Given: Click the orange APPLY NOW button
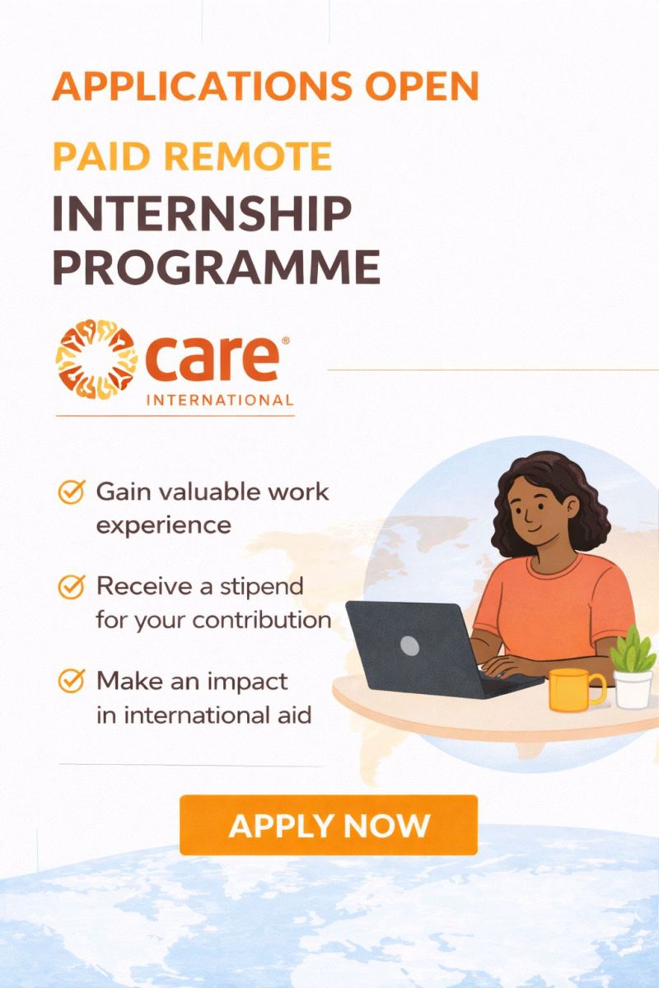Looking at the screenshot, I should [329, 824].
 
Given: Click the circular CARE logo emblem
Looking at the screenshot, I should [96, 360].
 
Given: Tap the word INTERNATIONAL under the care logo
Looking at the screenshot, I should [219, 401].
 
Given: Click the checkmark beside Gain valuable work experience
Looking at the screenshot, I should [72, 492].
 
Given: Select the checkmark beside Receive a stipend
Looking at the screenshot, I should [72, 587].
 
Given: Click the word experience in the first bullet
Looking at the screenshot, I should [163, 525].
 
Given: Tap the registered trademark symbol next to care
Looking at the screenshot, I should [285, 339].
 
